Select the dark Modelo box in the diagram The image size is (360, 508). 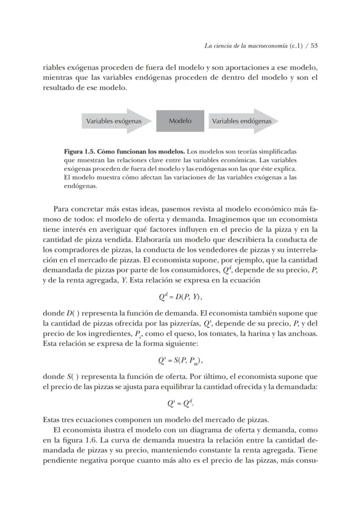pyautogui.click(x=180, y=121)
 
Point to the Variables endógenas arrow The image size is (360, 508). pyautogui.click(x=243, y=121)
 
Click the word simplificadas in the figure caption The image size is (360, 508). pyautogui.click(x=275, y=152)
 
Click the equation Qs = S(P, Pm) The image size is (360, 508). pyautogui.click(x=180, y=360)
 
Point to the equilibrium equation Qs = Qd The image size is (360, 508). pyautogui.click(x=180, y=403)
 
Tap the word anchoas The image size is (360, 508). pyautogui.click(x=305, y=334)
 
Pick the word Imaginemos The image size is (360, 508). pyautogui.click(x=244, y=219)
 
